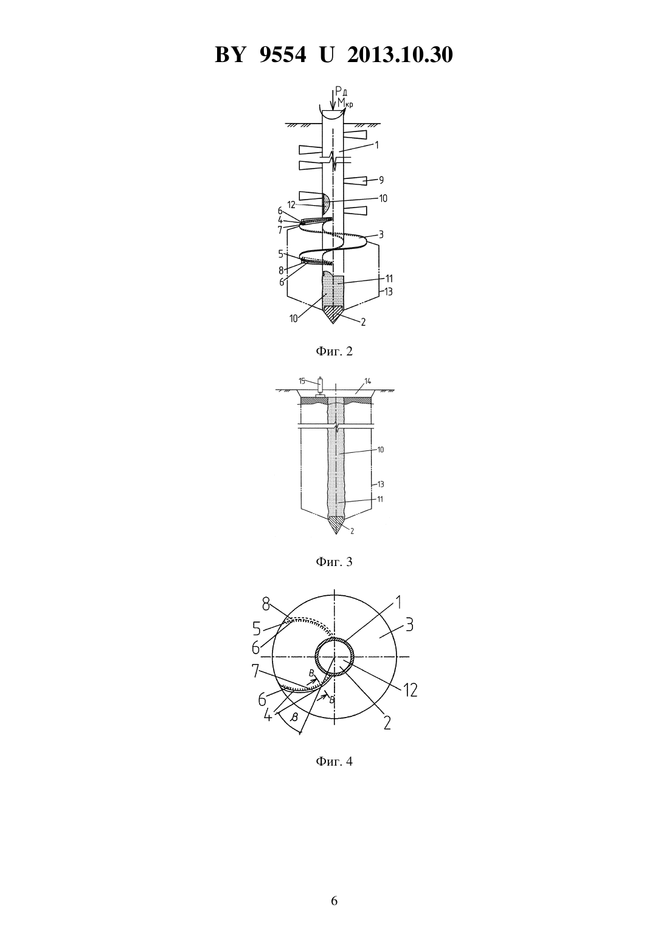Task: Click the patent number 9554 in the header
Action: [x=282, y=55]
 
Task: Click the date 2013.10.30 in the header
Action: [x=400, y=55]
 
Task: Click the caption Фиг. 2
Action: [x=334, y=351]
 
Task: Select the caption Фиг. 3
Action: [x=334, y=561]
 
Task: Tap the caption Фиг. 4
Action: [x=334, y=761]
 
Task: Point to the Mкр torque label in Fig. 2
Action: [x=345, y=103]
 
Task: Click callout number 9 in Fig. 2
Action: [x=381, y=180]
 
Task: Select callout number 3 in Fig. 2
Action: [x=381, y=234]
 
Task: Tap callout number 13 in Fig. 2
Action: [x=388, y=292]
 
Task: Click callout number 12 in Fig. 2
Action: [x=291, y=205]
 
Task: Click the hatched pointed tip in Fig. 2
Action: [x=333, y=315]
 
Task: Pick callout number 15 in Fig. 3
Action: [x=302, y=381]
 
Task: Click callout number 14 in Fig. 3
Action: [x=367, y=381]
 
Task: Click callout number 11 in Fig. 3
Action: [x=380, y=499]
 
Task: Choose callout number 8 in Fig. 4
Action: [x=266, y=605]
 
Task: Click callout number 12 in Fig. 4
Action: [x=409, y=690]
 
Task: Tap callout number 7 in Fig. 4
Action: [x=255, y=671]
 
